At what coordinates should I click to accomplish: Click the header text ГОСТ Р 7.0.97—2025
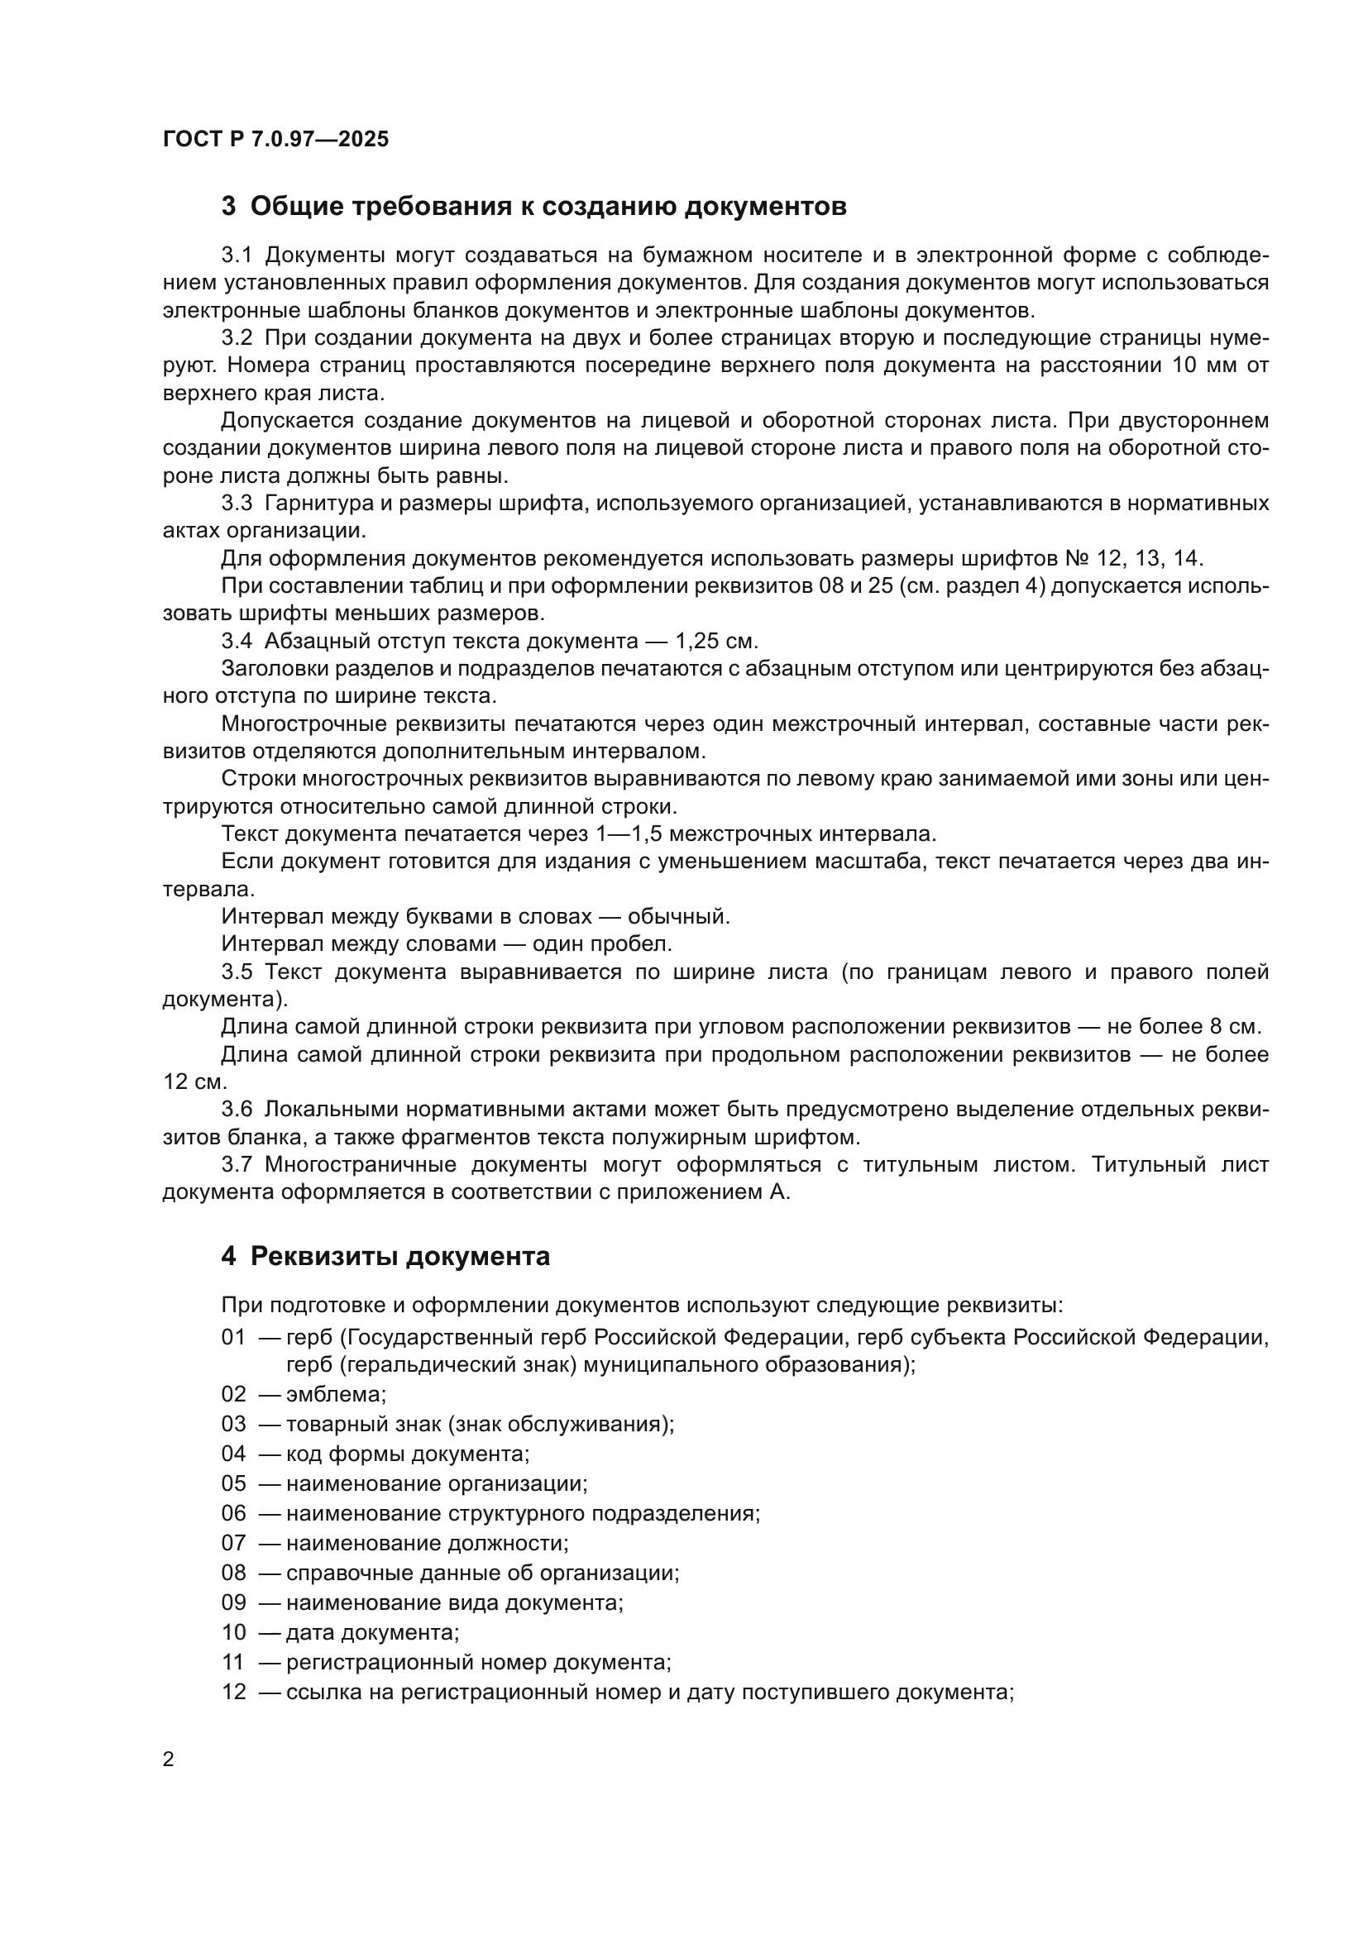click(x=275, y=139)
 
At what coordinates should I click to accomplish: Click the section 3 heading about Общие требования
click(x=533, y=207)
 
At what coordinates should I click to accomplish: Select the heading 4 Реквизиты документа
click(x=385, y=1256)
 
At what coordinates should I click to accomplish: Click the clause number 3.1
click(x=237, y=255)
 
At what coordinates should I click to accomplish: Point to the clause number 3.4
click(x=237, y=641)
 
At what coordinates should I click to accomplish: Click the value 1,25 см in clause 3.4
click(x=716, y=641)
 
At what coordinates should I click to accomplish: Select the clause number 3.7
click(x=237, y=1165)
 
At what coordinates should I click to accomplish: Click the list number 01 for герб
click(x=233, y=1337)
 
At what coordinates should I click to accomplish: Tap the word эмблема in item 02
click(x=335, y=1394)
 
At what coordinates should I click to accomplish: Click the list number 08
click(x=233, y=1573)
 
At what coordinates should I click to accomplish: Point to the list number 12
click(x=233, y=1692)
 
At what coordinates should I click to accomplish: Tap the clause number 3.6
click(x=237, y=1110)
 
